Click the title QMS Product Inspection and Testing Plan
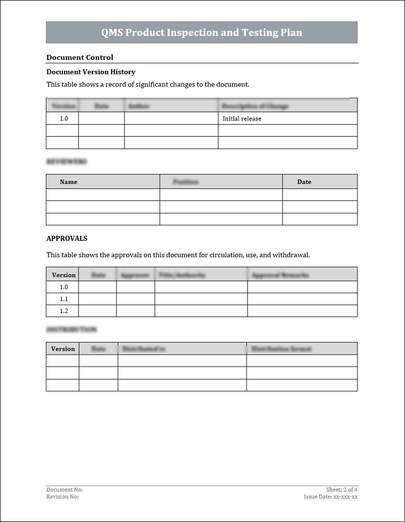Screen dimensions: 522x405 pos(202,33)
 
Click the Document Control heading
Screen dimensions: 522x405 pos(80,57)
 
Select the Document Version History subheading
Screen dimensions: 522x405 pos(91,72)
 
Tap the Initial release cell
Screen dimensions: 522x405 pos(242,119)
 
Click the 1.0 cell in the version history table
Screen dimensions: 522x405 pos(63,119)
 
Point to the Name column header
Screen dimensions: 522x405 pos(68,182)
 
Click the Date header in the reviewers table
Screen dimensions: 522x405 pos(304,182)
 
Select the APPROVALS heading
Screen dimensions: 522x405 pos(67,238)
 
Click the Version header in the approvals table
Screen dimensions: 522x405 pos(64,275)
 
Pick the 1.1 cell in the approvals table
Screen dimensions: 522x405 pos(64,299)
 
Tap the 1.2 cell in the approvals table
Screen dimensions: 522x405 pos(64,311)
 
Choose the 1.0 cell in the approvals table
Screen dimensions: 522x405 pos(64,287)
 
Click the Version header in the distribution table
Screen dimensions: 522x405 pos(63,349)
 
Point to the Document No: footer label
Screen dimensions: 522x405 pos(64,490)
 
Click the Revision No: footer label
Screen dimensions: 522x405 pos(62,497)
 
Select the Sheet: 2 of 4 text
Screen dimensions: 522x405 pos(342,490)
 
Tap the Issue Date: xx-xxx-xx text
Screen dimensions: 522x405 pos(331,497)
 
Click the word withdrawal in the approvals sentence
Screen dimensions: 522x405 pos(291,255)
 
